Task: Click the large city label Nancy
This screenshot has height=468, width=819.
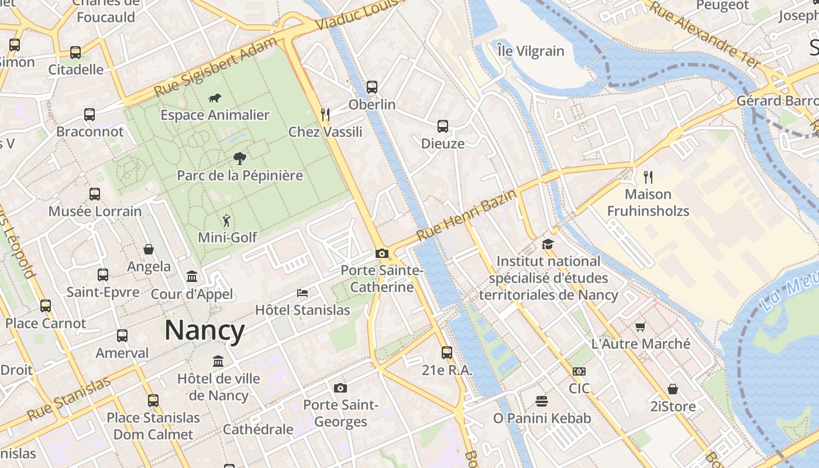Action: (204, 331)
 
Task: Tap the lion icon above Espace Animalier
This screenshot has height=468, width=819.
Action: (215, 98)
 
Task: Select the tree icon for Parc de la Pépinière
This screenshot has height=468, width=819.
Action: (239, 158)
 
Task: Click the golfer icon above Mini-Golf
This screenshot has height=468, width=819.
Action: (227, 221)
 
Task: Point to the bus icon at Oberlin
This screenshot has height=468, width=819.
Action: (372, 87)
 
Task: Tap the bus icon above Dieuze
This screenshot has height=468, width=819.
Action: (443, 126)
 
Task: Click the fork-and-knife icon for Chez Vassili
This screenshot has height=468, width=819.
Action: (325, 114)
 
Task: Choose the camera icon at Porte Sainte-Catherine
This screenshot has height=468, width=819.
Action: (382, 253)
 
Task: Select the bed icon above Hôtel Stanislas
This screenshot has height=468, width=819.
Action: (302, 292)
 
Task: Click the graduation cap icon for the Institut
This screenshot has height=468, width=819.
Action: (548, 244)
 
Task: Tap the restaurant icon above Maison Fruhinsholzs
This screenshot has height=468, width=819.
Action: (648, 176)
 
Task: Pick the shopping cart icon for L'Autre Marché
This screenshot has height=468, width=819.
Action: (641, 326)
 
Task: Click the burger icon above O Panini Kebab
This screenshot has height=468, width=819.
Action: (542, 401)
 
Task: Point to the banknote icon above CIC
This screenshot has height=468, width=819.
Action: (579, 371)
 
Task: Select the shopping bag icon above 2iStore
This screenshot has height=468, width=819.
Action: (673, 389)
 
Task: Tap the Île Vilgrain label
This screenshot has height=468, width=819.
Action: (531, 51)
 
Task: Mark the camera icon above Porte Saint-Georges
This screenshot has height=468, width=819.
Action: (340, 388)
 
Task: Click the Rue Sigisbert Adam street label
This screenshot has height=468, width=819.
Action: (216, 67)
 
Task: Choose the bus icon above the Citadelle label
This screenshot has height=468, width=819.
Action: (75, 53)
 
